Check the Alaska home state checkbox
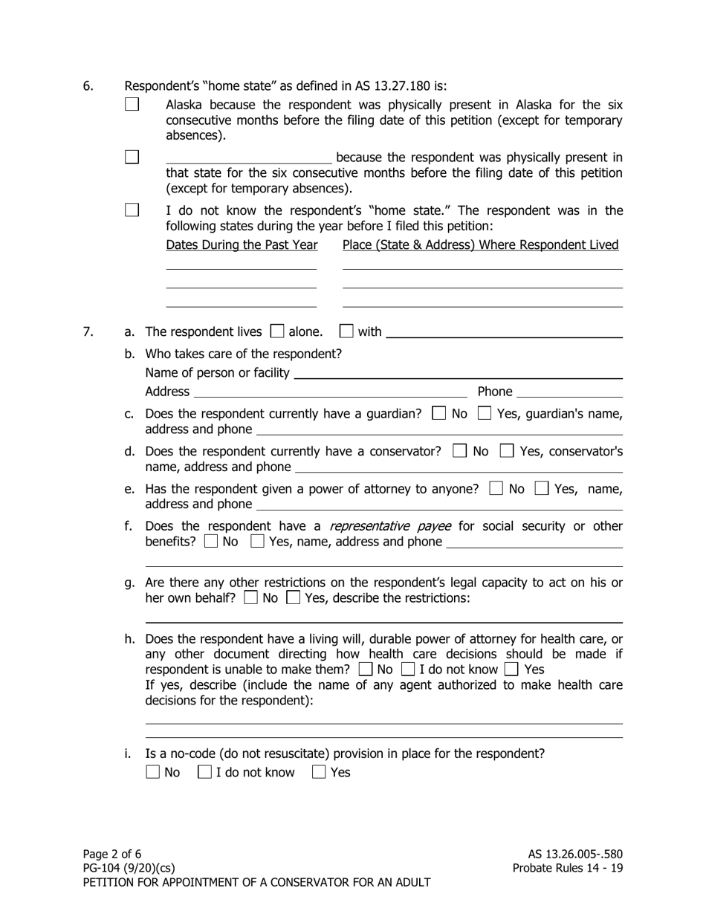tap(132, 105)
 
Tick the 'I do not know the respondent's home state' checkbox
tap(132, 210)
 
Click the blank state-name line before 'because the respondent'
tap(248, 158)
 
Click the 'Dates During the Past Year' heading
tap(242, 245)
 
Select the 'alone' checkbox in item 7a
tap(278, 331)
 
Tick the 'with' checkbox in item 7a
tap(346, 331)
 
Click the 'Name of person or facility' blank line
tap(458, 374)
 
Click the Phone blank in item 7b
tap(569, 392)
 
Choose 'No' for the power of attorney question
tap(496, 488)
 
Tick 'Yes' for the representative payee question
tap(257, 542)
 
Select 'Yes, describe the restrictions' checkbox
tap(293, 597)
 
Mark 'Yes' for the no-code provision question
tap(319, 772)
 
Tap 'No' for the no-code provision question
tap(152, 772)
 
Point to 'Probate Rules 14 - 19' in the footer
tap(568, 868)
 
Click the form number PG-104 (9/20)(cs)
tap(130, 868)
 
